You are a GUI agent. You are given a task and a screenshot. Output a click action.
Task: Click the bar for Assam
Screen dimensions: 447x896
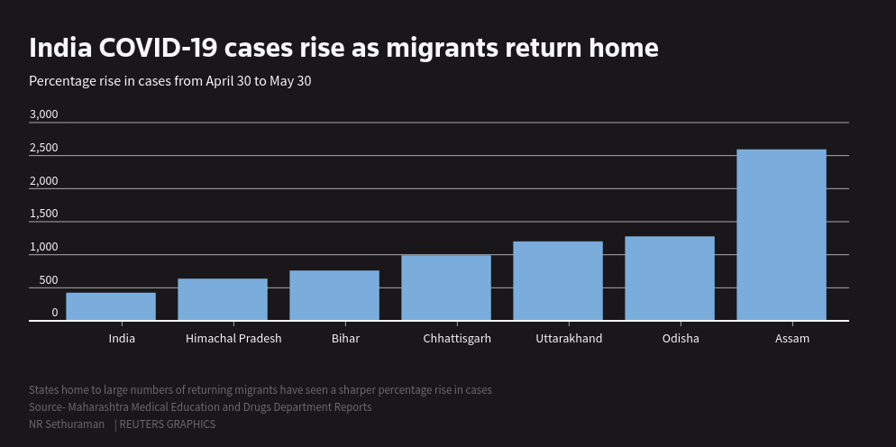click(x=781, y=234)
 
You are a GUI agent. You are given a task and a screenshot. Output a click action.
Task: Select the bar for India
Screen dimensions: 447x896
click(x=111, y=306)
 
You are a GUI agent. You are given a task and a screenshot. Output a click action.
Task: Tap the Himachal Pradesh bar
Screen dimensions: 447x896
click(x=223, y=299)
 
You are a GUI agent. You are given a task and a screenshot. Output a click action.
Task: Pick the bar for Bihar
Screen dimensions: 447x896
click(x=334, y=296)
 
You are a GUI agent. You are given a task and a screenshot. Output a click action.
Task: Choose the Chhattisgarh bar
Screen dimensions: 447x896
click(x=446, y=287)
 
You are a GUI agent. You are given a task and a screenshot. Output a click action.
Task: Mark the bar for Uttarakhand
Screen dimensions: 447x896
click(x=558, y=280)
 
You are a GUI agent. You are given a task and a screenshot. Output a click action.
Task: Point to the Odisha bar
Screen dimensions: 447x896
click(x=670, y=278)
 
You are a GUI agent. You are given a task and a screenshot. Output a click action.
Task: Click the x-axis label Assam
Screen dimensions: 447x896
click(x=792, y=339)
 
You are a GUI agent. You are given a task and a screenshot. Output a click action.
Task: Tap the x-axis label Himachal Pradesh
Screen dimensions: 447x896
click(x=233, y=339)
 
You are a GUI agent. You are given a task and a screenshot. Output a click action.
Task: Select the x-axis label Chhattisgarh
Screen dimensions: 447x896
click(x=457, y=339)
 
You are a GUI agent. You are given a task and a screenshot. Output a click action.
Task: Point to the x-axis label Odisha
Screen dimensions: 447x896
click(x=681, y=339)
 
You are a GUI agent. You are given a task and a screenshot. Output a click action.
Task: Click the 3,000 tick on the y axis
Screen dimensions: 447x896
click(x=43, y=114)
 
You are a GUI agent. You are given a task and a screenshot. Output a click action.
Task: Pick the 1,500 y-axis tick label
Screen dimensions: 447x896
click(x=43, y=214)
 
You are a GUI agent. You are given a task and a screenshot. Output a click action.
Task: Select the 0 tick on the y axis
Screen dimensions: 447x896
click(x=54, y=313)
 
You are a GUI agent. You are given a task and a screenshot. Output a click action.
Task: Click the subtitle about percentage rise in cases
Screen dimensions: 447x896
click(x=170, y=81)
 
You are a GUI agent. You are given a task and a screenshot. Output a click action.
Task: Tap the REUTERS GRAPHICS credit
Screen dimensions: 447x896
click(x=167, y=424)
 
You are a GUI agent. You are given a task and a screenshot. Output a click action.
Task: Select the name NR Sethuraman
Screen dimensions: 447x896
click(x=67, y=424)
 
